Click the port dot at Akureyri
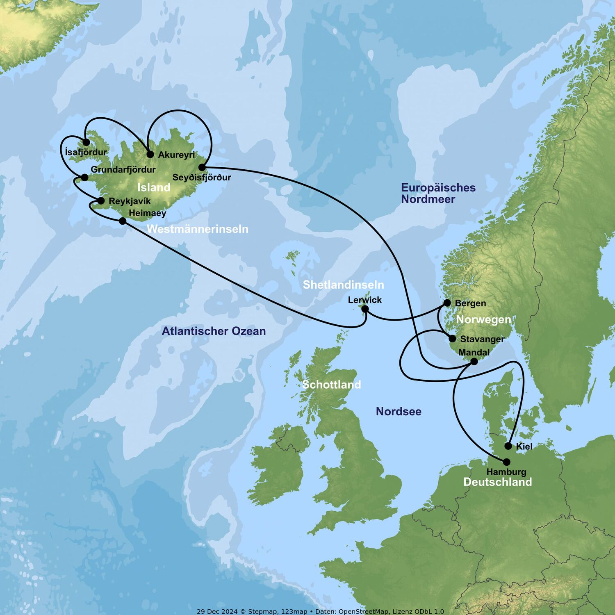pos(150,155)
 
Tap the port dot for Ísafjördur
pos(86,143)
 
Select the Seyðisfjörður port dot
pos(202,167)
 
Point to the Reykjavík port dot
pos(101,201)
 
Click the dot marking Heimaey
pos(122,221)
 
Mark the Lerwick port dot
pos(365,309)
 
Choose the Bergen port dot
pos(447,303)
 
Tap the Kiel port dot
pos(508,446)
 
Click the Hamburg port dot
pos(507,462)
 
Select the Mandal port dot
pos(474,361)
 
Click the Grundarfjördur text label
pos(123,169)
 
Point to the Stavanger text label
pos(482,339)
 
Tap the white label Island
pos(154,187)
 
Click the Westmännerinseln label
pos(198,229)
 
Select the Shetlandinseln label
pos(344,285)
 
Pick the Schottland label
pos(331,385)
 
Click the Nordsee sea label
pos(399,411)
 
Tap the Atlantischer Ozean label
pos(214,331)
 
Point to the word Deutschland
pos(497,482)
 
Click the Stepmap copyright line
pos(320,611)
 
